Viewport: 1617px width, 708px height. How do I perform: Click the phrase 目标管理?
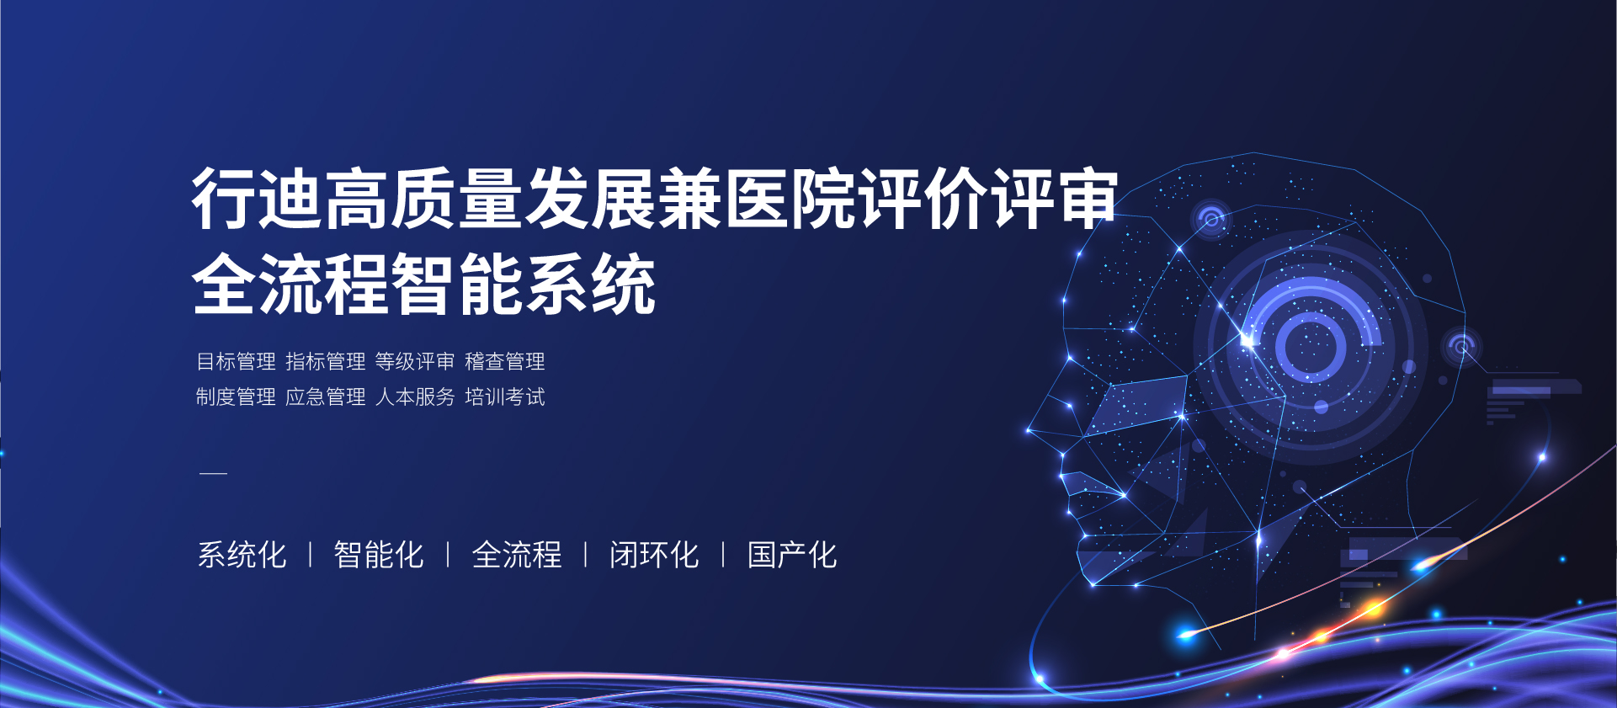(x=236, y=362)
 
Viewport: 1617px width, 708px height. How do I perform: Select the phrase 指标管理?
(x=326, y=362)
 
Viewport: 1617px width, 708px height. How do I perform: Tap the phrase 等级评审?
(x=415, y=362)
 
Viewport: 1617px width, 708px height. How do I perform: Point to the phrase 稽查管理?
(x=505, y=362)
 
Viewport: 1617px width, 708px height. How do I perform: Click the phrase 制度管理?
(x=236, y=397)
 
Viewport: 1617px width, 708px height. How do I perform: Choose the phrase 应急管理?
(x=326, y=397)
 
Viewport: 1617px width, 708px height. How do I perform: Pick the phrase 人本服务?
(x=415, y=397)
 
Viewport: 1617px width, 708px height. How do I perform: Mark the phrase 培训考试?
(x=505, y=397)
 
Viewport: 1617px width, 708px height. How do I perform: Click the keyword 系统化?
(x=242, y=555)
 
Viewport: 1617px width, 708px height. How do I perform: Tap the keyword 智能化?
(x=379, y=555)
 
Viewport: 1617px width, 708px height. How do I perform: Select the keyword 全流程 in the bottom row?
(x=517, y=555)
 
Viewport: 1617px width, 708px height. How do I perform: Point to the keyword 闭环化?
(x=654, y=555)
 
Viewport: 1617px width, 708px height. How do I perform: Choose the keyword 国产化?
(x=792, y=555)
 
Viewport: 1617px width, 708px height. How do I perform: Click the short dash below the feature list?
(x=214, y=474)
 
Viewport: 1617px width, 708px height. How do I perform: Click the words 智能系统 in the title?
(x=524, y=285)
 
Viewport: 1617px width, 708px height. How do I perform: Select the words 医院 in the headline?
(x=791, y=199)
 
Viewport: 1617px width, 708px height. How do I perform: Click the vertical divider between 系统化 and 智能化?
(x=311, y=555)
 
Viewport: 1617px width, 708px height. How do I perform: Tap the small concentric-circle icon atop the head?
(x=1212, y=221)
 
